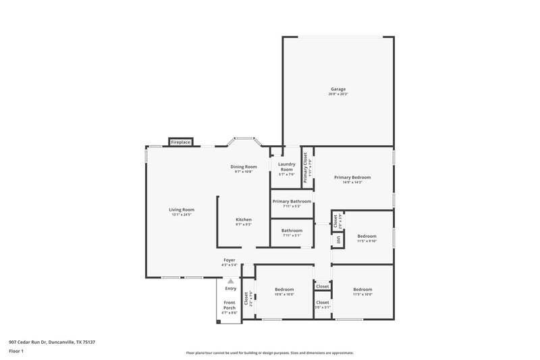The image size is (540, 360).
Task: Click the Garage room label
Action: (x=338, y=89)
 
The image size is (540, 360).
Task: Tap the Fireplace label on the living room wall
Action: (x=180, y=143)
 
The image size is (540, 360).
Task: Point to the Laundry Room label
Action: (x=287, y=167)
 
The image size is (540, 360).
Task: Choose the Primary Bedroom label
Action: (x=352, y=178)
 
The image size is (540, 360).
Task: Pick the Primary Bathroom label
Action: (x=292, y=201)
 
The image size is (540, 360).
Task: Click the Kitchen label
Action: (x=244, y=220)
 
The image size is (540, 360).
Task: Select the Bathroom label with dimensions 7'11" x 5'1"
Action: (x=292, y=230)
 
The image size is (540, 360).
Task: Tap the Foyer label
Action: (x=230, y=260)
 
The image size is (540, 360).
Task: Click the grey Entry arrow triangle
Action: (x=231, y=280)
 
